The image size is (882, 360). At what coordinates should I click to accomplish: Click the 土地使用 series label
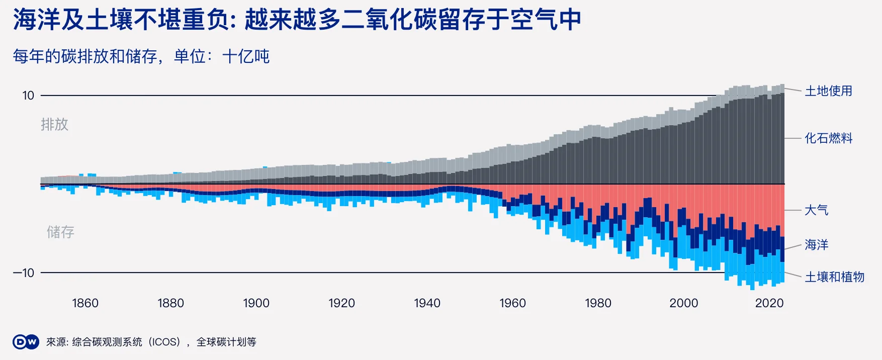pyautogui.click(x=828, y=91)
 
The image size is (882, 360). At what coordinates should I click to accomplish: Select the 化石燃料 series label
pyautogui.click(x=828, y=138)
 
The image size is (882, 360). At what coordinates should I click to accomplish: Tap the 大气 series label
pyautogui.click(x=816, y=210)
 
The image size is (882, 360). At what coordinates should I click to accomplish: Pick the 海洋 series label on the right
pyautogui.click(x=816, y=245)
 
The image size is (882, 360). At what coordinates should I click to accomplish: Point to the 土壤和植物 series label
pyautogui.click(x=834, y=277)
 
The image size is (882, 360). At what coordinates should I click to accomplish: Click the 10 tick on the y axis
pyautogui.click(x=28, y=96)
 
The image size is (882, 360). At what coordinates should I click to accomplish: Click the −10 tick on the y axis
pyautogui.click(x=24, y=273)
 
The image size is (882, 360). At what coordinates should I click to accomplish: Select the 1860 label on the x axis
pyautogui.click(x=85, y=303)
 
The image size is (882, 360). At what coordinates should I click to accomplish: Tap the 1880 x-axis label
pyautogui.click(x=170, y=303)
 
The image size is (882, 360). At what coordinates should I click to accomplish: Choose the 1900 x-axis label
pyautogui.click(x=256, y=303)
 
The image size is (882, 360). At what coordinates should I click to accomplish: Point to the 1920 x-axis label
pyautogui.click(x=341, y=303)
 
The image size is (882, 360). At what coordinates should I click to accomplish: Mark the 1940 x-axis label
pyautogui.click(x=427, y=303)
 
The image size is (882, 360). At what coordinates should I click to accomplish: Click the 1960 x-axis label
pyautogui.click(x=512, y=303)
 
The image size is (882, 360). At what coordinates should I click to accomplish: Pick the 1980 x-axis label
pyautogui.click(x=598, y=303)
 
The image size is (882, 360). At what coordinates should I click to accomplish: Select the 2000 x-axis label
pyautogui.click(x=683, y=303)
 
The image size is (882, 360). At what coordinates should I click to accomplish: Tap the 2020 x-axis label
pyautogui.click(x=769, y=303)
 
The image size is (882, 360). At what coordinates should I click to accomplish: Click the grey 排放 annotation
pyautogui.click(x=54, y=125)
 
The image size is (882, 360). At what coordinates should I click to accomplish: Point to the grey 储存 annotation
pyautogui.click(x=60, y=232)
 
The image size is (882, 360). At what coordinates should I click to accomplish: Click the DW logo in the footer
pyautogui.click(x=26, y=342)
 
